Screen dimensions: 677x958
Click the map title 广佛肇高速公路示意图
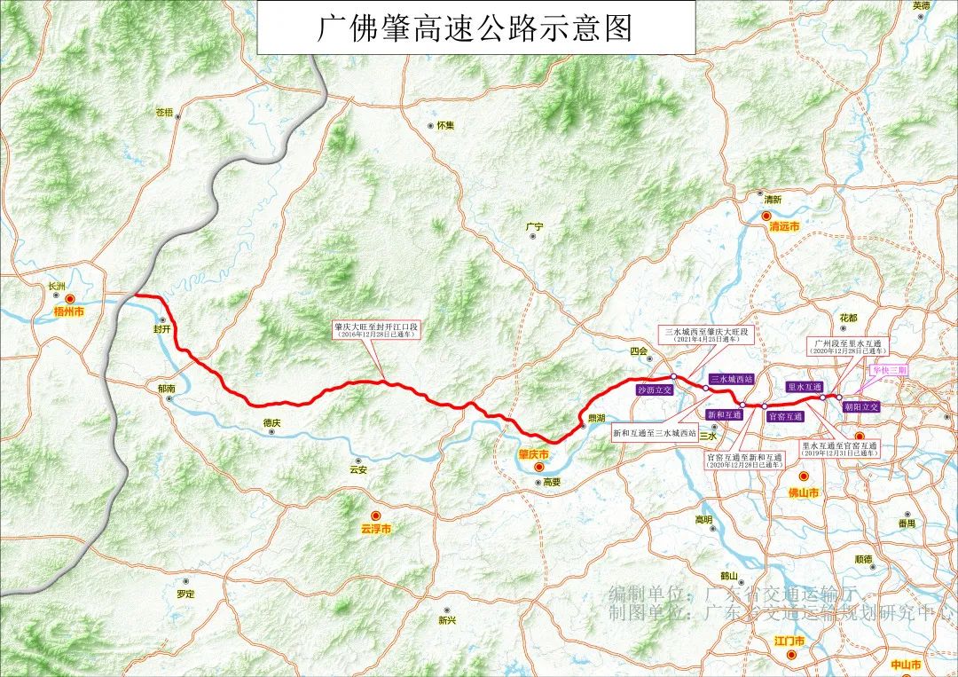click(x=476, y=28)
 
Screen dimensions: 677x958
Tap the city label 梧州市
click(x=68, y=312)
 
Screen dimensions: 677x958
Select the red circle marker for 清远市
click(x=766, y=215)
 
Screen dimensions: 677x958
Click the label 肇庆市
click(x=534, y=454)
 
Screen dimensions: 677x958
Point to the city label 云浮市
click(x=376, y=528)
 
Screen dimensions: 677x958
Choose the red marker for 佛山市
click(x=804, y=476)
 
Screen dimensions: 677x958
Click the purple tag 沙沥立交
click(x=655, y=389)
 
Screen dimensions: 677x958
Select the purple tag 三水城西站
click(x=732, y=379)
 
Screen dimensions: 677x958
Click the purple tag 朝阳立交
click(x=861, y=406)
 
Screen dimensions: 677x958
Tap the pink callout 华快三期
click(x=888, y=370)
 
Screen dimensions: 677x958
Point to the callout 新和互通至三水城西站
click(x=655, y=433)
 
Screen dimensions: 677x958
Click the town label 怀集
click(x=444, y=126)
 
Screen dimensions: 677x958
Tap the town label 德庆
click(x=271, y=423)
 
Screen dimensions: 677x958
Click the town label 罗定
click(x=185, y=593)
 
